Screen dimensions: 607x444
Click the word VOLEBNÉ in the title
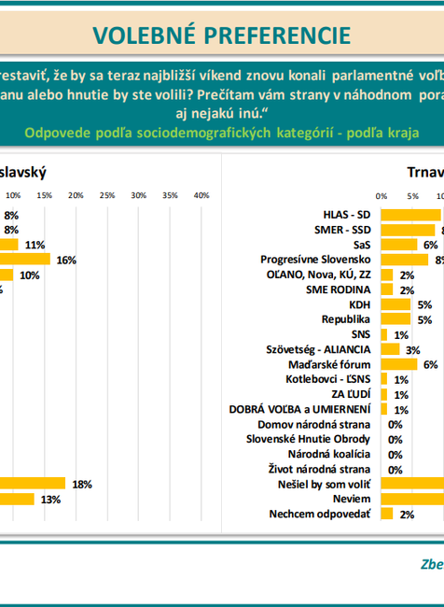[140, 35]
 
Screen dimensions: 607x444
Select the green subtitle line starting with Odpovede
[222, 133]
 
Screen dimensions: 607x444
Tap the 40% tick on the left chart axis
[201, 195]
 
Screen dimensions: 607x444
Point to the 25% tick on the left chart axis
[107, 195]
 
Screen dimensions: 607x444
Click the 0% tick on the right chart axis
[381, 195]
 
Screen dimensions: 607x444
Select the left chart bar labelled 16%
[26, 260]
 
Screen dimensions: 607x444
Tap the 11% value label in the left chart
[35, 245]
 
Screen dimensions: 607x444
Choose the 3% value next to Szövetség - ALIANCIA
[412, 349]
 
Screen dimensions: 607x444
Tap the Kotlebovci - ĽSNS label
[328, 379]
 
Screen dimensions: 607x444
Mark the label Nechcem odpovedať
[320, 514]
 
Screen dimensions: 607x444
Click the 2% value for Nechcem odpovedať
[407, 514]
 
